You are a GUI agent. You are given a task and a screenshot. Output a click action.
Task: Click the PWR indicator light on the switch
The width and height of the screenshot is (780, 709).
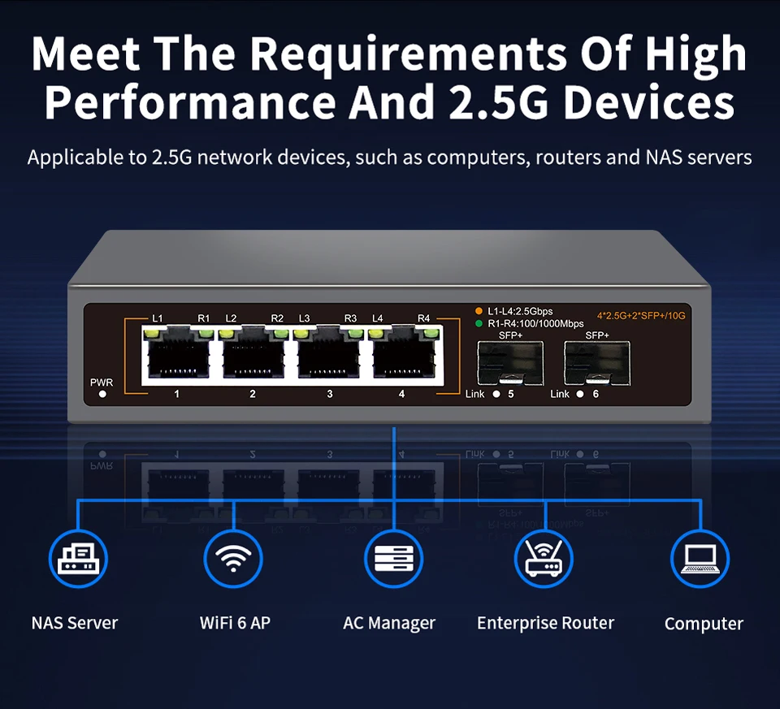(102, 394)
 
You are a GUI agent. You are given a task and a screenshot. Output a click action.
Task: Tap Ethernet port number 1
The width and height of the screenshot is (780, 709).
(179, 354)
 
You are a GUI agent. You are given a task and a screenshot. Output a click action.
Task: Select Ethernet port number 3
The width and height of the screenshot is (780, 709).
(329, 354)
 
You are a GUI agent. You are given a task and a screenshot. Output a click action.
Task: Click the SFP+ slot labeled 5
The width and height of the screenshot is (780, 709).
(510, 364)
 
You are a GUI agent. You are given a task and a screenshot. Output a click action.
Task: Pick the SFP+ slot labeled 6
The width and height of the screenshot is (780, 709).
(597, 364)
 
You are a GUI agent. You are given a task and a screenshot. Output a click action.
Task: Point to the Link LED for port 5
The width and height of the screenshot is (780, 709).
(496, 394)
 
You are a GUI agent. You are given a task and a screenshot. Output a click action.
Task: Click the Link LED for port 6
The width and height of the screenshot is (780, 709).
(580, 394)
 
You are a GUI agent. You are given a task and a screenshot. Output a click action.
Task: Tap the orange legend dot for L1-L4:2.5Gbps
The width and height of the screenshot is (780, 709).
(479, 311)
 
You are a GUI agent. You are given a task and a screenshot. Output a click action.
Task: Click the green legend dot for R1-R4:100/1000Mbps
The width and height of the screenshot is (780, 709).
(479, 324)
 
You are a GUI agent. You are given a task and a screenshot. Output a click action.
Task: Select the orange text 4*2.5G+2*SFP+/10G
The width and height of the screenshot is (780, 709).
(641, 316)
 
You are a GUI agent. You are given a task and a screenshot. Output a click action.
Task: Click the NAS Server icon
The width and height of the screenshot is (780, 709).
(78, 559)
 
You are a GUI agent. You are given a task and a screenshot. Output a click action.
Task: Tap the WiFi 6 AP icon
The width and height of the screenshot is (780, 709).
(233, 559)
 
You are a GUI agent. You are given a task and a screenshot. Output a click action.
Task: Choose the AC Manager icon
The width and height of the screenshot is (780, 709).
(393, 559)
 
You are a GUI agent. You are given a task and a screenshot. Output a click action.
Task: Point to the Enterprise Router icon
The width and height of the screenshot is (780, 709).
(544, 559)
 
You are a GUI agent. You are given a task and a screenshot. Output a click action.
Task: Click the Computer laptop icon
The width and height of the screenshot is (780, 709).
(700, 559)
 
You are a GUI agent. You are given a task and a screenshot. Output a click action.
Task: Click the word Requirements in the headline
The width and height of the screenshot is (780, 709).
(408, 54)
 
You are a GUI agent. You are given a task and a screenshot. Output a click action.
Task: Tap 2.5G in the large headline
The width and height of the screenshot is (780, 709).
(498, 102)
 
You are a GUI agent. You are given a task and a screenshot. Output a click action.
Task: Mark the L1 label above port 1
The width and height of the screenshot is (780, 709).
(157, 318)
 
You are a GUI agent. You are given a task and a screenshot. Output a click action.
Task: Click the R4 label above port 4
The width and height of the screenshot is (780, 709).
(424, 318)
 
